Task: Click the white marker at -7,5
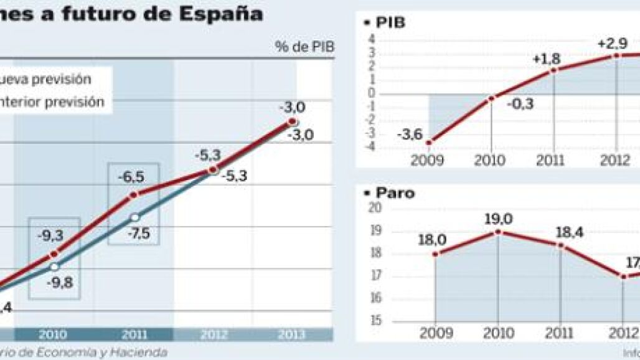click(134, 217)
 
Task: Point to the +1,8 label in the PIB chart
click(547, 59)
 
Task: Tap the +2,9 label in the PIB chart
click(611, 44)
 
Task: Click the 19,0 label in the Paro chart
click(499, 219)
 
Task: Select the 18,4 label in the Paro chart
click(562, 232)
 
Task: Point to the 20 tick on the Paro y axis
click(376, 208)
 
